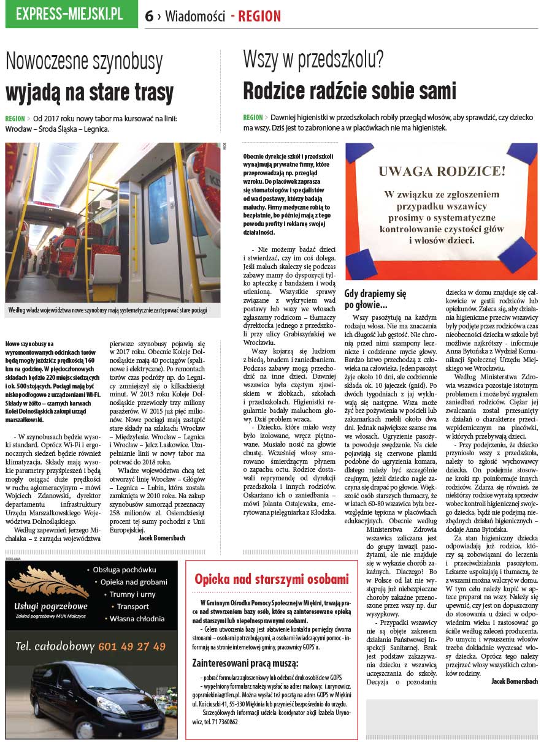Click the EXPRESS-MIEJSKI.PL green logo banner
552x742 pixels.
[71, 14]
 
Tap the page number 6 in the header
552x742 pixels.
[149, 17]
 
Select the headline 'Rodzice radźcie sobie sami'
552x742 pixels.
[350, 91]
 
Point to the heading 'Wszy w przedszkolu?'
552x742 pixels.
[313, 60]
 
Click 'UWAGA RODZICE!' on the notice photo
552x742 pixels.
[442, 172]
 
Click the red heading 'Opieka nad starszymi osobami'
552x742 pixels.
[271, 579]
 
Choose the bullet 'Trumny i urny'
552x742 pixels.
[132, 594]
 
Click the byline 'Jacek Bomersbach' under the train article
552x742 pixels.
[163, 537]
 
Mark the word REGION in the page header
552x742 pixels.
[259, 17]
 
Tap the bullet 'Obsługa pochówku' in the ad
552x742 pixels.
[125, 570]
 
